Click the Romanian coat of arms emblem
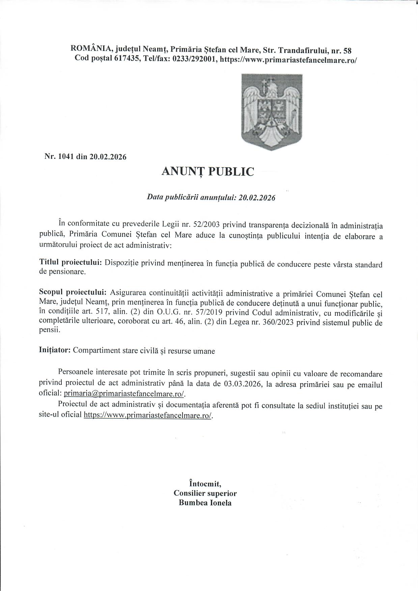272,111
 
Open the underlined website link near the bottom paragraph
148,415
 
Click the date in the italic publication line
257,198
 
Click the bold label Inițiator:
55,350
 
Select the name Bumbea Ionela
205,503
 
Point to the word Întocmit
205,484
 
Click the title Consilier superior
205,493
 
